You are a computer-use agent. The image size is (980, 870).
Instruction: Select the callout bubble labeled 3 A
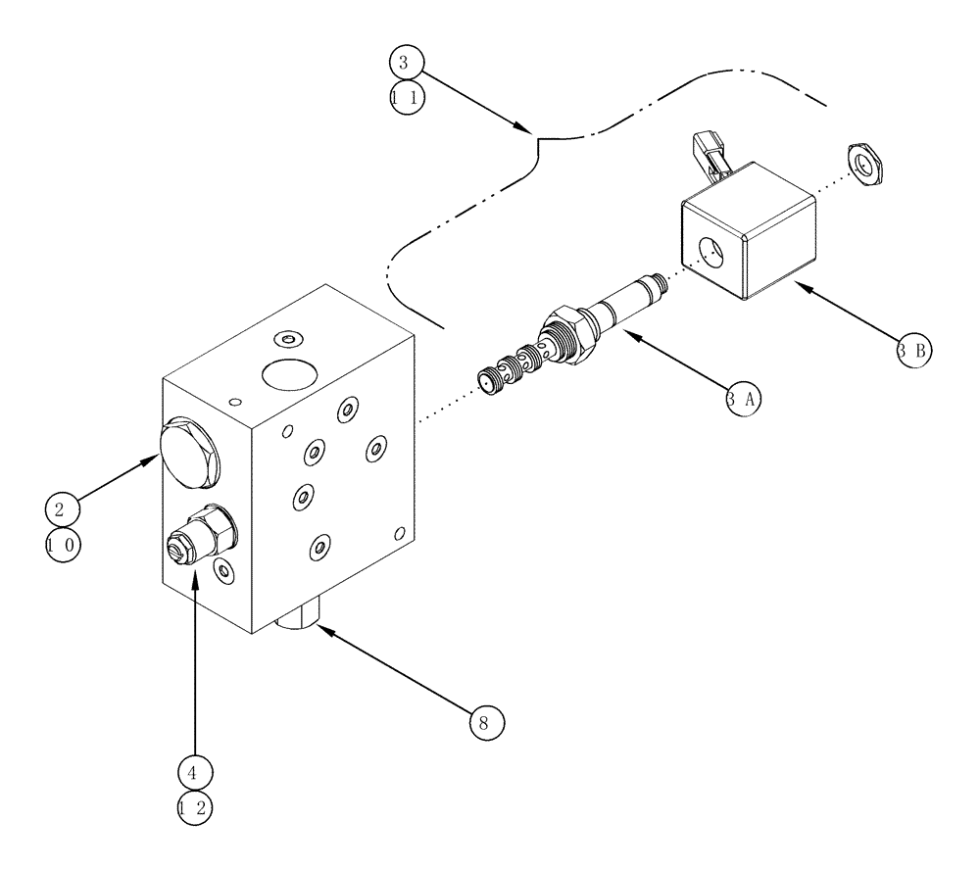pyautogui.click(x=744, y=398)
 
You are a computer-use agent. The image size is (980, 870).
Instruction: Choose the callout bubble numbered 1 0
pyautogui.click(x=61, y=546)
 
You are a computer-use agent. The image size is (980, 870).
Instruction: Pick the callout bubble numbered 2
pyautogui.click(x=61, y=509)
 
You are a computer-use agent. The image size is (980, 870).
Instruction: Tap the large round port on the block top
pyautogui.click(x=288, y=374)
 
